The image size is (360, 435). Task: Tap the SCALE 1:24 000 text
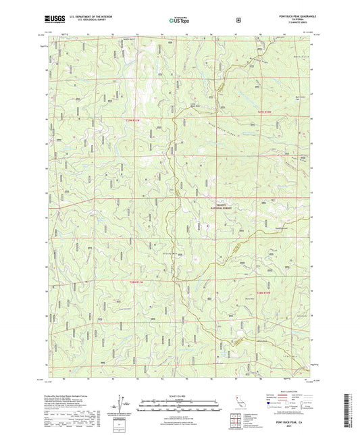point(180,396)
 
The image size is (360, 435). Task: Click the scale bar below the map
point(180,403)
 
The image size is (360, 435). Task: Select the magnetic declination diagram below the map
point(122,404)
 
